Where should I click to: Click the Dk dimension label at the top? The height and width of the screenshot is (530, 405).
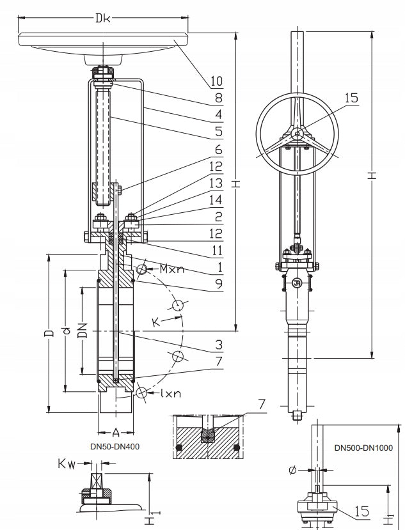click(x=102, y=17)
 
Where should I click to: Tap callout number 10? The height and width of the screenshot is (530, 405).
click(x=217, y=81)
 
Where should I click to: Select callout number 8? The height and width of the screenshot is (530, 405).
click(x=219, y=98)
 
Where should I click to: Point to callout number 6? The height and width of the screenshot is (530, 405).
click(x=219, y=150)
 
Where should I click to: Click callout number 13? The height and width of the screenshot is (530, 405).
click(x=216, y=183)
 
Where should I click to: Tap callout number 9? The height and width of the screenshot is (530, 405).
click(x=219, y=284)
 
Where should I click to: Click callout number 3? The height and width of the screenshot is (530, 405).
click(x=219, y=345)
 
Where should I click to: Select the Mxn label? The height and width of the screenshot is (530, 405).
click(x=172, y=269)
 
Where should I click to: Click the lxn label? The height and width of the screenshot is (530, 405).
click(x=171, y=393)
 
